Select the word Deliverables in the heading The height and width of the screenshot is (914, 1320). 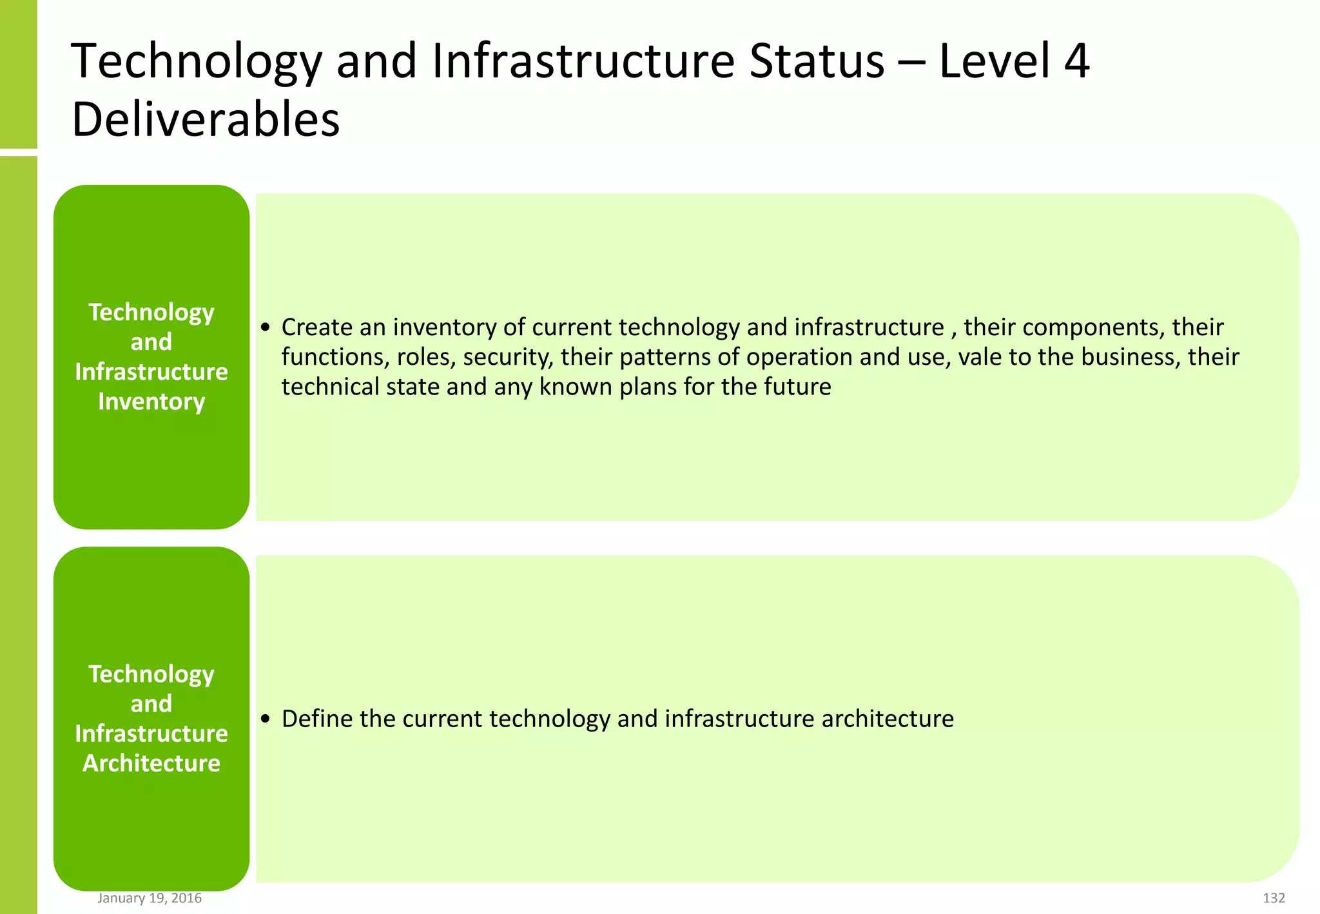point(206,120)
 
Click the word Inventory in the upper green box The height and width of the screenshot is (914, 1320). point(151,402)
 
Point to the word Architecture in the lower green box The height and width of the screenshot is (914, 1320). point(151,763)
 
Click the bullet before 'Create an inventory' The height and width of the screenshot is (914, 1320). point(266,328)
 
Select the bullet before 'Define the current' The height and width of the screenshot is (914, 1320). point(266,719)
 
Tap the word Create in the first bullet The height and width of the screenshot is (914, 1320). point(316,327)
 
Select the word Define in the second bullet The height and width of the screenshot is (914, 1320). point(316,719)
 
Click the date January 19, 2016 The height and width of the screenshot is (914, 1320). point(150,898)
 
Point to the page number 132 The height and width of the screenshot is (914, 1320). point(1274,898)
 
